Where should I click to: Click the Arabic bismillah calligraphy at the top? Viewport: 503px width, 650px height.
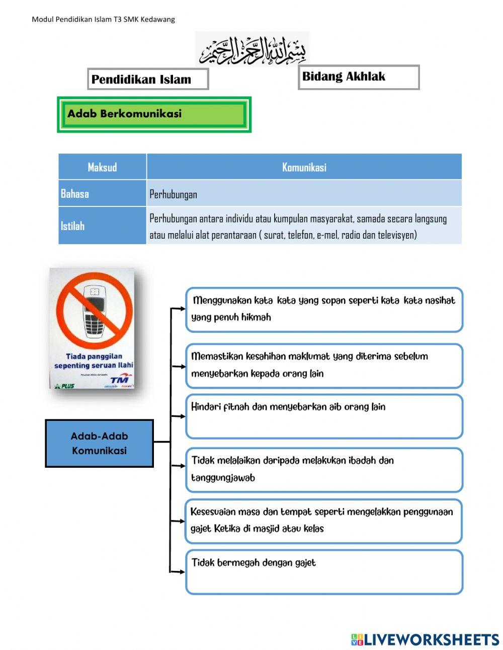[253, 50]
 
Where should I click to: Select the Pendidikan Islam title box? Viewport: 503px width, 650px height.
[148, 79]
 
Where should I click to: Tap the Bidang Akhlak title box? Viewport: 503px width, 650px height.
[358, 77]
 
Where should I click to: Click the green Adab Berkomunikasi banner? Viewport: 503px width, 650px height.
[154, 114]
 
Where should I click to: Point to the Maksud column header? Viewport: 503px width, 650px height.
[102, 167]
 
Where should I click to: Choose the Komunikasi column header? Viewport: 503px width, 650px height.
[304, 167]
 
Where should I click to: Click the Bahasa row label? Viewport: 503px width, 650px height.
[75, 194]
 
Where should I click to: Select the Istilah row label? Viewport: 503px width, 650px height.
[73, 226]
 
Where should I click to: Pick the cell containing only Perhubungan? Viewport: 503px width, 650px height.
[174, 194]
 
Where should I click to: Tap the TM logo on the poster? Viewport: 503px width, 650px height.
[120, 379]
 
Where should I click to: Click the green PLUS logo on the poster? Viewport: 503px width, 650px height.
[64, 386]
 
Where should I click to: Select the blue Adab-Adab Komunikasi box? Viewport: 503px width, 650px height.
[99, 444]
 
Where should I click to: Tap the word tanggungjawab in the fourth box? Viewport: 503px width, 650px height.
[223, 478]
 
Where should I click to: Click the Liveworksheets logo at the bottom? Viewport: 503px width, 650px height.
[425, 639]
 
